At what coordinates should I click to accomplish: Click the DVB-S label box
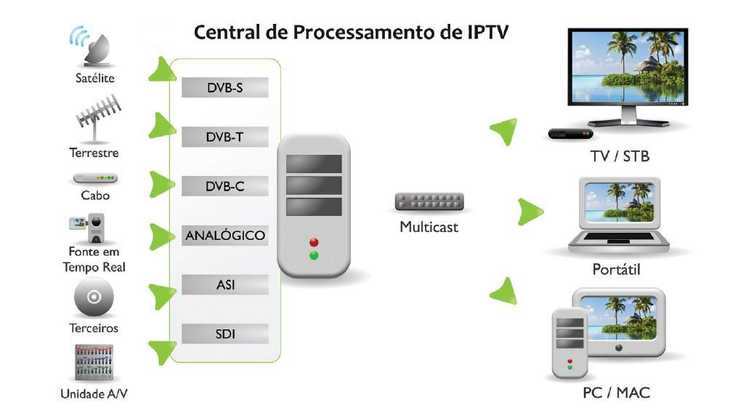tap(224, 88)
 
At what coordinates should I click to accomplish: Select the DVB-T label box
tap(224, 137)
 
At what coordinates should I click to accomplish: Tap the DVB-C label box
tap(224, 186)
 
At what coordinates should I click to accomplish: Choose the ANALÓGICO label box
tap(224, 236)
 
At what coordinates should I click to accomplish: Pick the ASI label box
tap(224, 285)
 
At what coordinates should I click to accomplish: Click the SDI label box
tap(224, 334)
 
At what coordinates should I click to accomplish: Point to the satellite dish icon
tap(92, 47)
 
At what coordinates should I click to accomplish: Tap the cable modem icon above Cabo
tap(95, 178)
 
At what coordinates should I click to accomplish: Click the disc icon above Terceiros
tap(93, 297)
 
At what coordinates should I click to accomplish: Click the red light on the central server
tap(314, 242)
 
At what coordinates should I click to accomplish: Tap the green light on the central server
tap(314, 255)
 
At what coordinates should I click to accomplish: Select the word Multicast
tap(429, 227)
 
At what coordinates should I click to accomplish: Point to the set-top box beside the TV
tap(570, 134)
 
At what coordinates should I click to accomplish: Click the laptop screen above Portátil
tap(617, 201)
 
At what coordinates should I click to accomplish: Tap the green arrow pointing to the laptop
tap(531, 211)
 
